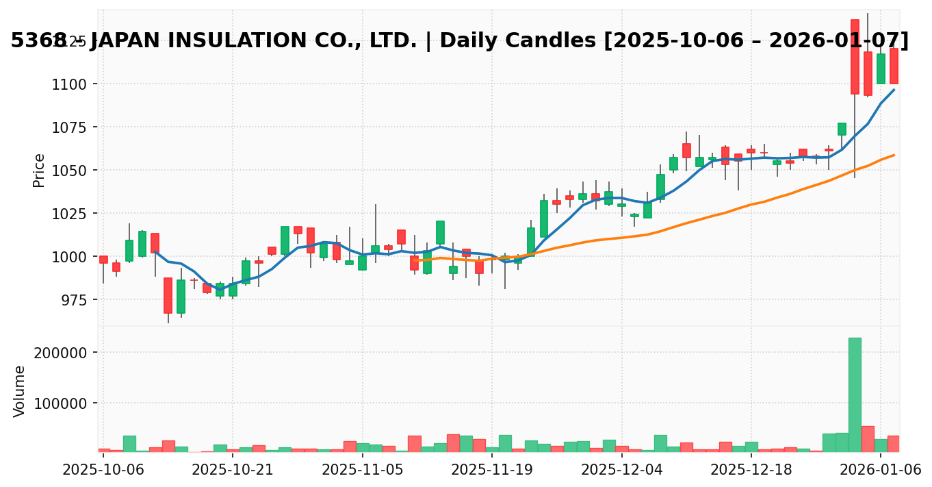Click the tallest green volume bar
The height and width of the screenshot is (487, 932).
point(855,395)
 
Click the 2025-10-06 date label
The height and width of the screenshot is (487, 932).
point(103,470)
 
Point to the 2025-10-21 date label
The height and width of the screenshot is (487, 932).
point(233,470)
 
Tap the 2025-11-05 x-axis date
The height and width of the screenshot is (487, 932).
point(363,470)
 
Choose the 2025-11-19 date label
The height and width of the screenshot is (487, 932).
point(492,470)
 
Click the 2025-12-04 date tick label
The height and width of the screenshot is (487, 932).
point(621,470)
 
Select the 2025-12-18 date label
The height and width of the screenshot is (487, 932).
point(751,470)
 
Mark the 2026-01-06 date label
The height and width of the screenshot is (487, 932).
point(881,470)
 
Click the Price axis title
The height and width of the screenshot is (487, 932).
point(39,170)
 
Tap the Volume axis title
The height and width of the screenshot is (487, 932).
point(20,391)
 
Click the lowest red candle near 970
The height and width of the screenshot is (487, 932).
point(168,295)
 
